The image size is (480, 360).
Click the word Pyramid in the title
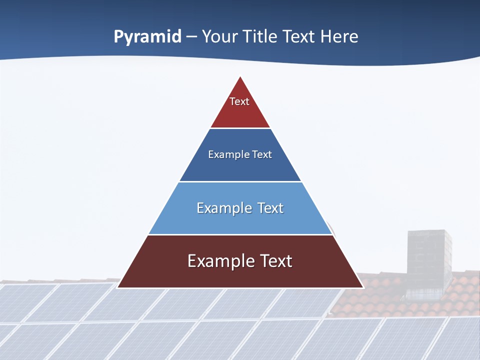point(147,37)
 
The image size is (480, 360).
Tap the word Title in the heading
point(259,37)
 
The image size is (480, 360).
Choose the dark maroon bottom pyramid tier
point(240,275)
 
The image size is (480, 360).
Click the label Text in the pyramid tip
point(239,101)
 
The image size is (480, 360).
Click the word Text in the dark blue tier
point(262,154)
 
